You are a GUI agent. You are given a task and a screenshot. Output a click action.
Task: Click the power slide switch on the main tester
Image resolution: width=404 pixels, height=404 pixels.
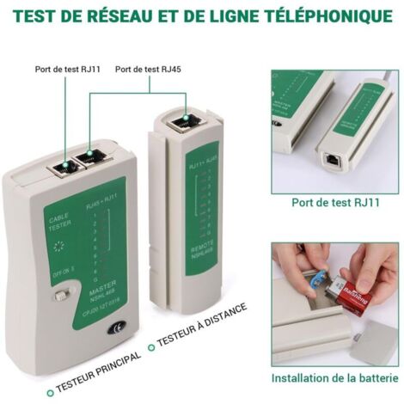pos(61,296)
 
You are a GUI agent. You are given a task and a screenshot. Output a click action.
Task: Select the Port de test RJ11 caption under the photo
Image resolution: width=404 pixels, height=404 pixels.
pos(335,203)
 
